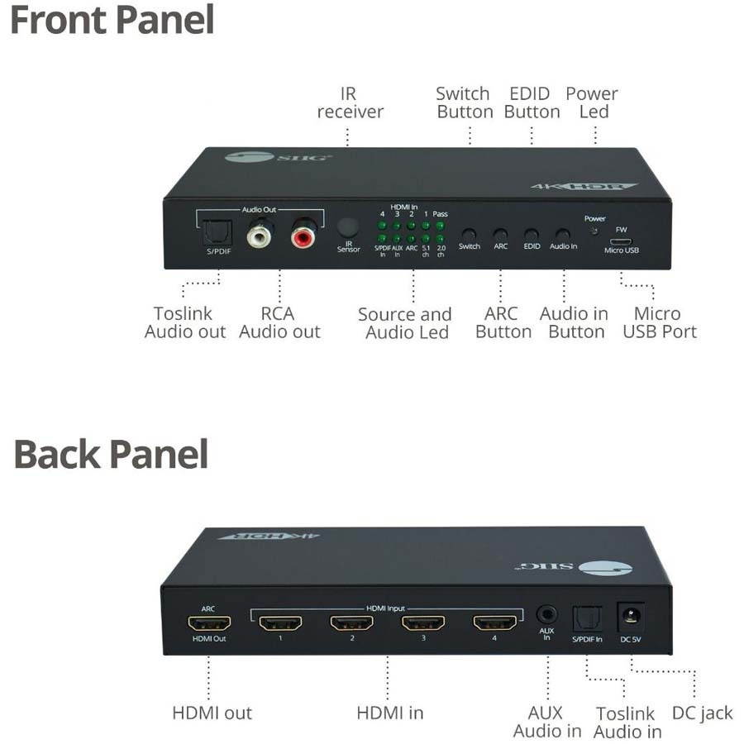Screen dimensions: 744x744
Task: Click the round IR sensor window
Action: pos(348,227)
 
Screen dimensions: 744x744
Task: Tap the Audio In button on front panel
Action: pos(562,236)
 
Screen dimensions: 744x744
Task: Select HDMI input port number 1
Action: pos(280,623)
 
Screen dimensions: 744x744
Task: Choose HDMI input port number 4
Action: pos(494,622)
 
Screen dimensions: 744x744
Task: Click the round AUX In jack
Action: pos(546,615)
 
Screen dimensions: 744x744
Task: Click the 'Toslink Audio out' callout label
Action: pos(184,322)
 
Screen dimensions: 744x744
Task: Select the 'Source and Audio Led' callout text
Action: pos(405,323)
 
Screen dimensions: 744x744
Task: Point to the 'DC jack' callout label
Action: pos(702,713)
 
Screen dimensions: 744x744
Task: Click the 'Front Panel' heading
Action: pos(112,20)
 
